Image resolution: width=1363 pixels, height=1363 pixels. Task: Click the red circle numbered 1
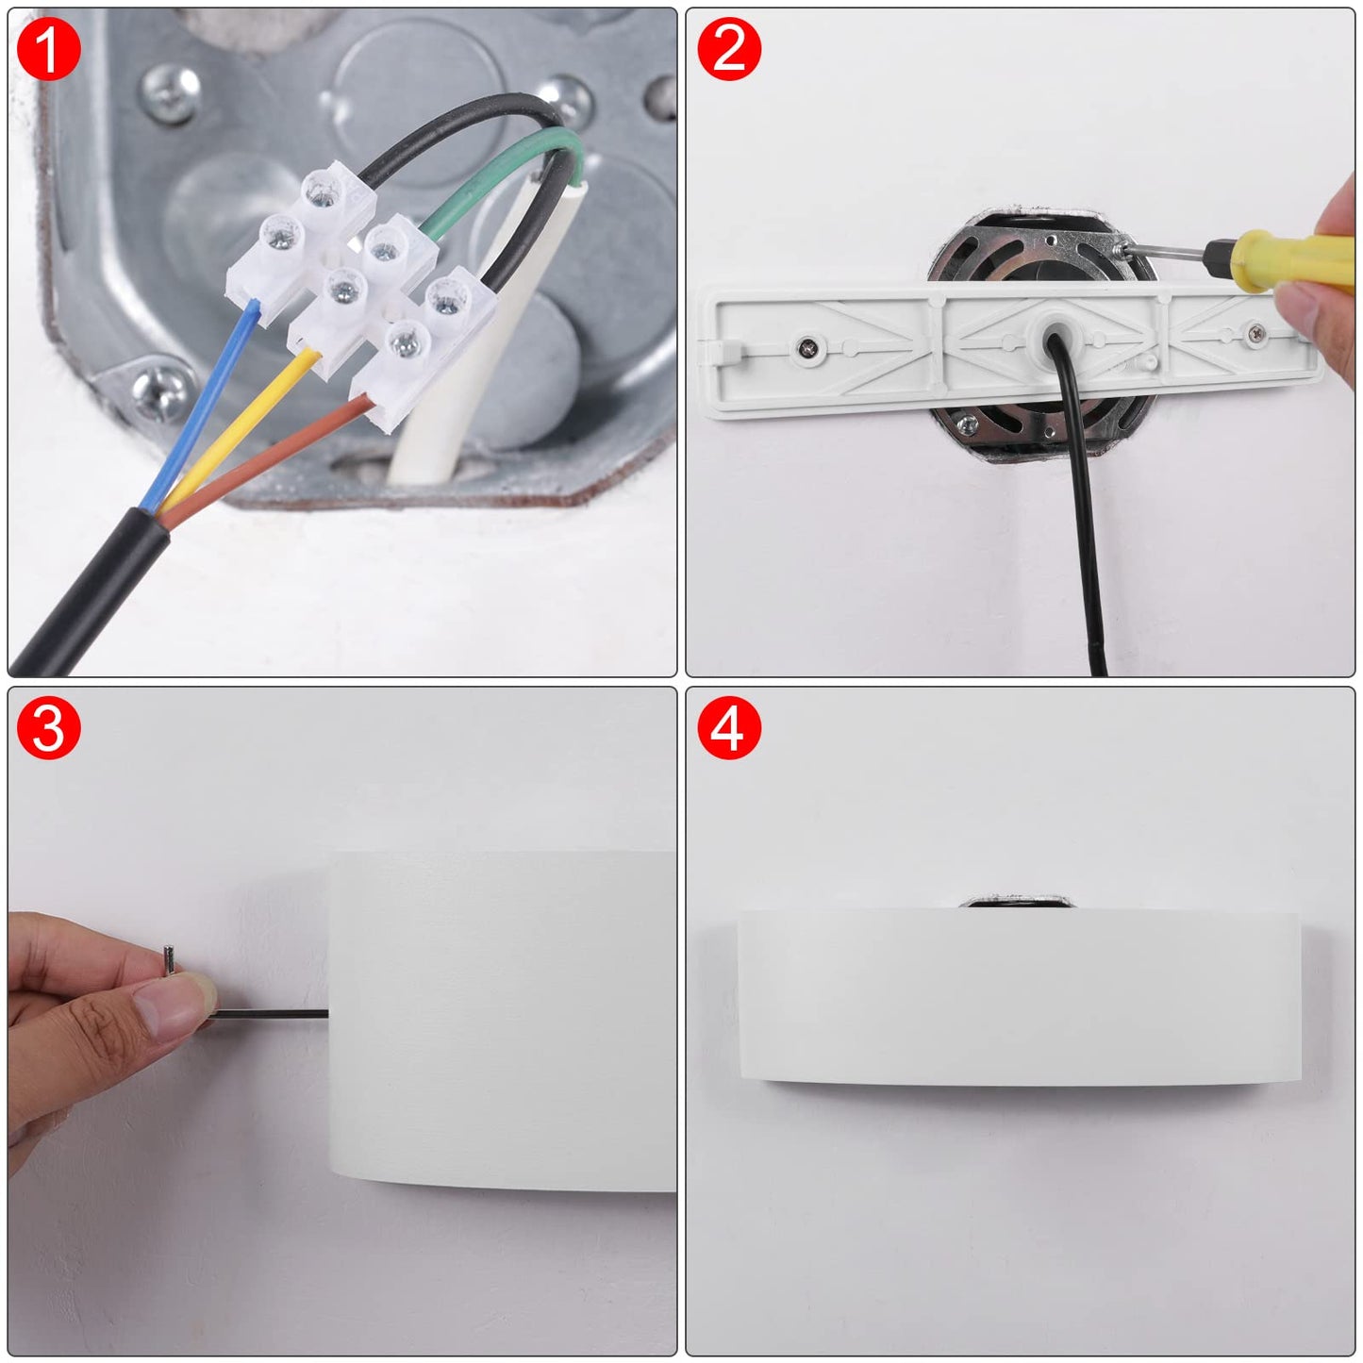coord(48,48)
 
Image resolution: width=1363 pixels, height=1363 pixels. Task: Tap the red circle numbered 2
coord(728,48)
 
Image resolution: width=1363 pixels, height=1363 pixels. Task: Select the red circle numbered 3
coord(48,728)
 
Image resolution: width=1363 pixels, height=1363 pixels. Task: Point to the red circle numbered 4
coord(728,728)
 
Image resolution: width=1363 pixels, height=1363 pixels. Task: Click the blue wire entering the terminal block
coord(198,403)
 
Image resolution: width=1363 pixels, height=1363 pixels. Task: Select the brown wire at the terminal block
coord(269,459)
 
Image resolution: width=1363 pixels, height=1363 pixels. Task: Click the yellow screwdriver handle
coord(1288,261)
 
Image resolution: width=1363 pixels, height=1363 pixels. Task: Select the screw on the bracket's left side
coord(807,346)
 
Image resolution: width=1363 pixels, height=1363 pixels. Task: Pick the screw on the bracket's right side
coord(1256,331)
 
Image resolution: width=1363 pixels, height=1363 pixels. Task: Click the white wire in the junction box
coord(488,332)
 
